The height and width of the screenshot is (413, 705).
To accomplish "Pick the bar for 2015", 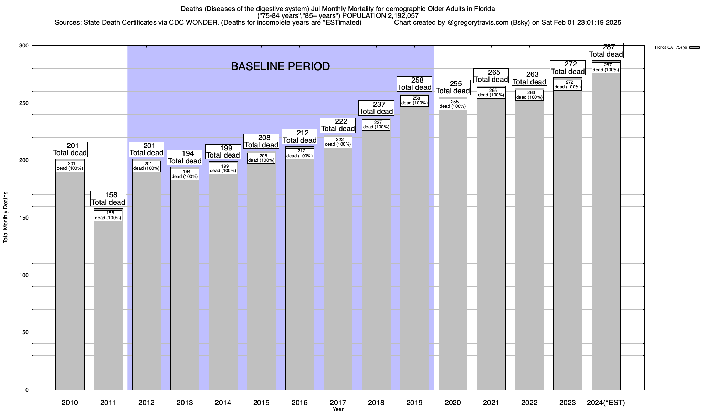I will tap(261, 275).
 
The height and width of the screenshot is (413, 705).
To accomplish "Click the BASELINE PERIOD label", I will tap(280, 66).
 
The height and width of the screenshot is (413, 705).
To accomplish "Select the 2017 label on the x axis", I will tap(338, 403).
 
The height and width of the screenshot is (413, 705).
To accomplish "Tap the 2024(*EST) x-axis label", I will tap(606, 403).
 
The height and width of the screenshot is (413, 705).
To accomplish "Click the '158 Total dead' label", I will tap(108, 199).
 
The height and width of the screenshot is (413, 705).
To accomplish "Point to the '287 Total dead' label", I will tap(606, 51).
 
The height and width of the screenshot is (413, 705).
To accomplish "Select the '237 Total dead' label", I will tap(376, 108).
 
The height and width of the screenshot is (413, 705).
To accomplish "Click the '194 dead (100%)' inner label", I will tap(185, 174).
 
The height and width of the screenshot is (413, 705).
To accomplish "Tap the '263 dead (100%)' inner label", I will tap(529, 95).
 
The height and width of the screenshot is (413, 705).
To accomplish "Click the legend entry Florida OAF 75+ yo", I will tap(671, 47).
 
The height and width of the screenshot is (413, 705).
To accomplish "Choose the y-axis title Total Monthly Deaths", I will tap(6, 218).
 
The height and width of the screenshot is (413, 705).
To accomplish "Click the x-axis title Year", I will tap(338, 409).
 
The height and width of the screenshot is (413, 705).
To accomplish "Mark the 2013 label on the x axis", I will tap(185, 403).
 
